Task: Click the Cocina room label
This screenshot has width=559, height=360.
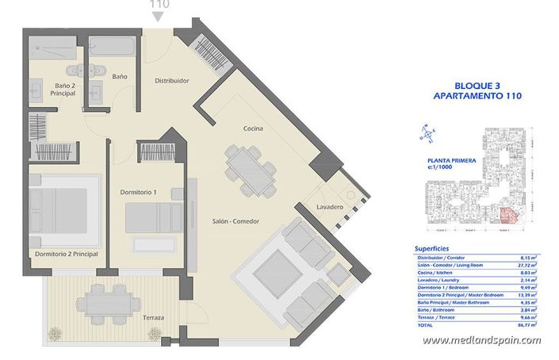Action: click(x=254, y=128)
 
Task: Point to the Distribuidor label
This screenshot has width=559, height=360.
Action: click(x=171, y=81)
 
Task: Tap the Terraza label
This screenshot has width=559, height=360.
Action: click(x=148, y=318)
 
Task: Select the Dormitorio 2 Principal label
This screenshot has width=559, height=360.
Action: click(x=67, y=254)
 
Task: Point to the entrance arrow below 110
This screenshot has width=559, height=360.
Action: click(x=159, y=19)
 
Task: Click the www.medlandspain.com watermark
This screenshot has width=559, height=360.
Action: click(x=481, y=341)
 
